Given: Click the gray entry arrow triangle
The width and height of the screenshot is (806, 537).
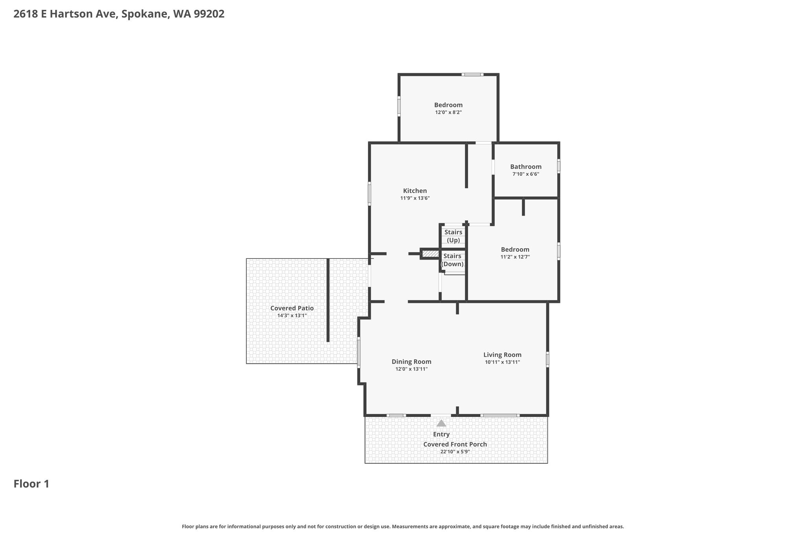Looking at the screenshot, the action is [441, 423].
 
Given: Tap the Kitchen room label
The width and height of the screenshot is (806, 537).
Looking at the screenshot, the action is [415, 191].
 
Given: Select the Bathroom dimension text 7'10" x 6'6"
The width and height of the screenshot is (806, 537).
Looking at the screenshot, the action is [525, 174].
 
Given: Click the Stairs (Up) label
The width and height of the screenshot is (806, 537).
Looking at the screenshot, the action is [453, 236].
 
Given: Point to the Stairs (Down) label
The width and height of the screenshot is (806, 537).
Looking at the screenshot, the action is [452, 260].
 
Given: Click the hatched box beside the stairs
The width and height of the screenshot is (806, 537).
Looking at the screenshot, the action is [431, 254].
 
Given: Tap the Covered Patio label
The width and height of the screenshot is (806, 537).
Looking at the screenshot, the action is [292, 308].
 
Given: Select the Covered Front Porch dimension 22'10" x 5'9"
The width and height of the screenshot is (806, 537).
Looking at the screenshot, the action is [455, 452].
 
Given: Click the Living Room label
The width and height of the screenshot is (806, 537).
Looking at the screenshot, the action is [502, 355].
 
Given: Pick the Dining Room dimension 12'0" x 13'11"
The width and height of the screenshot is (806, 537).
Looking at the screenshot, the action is [411, 369].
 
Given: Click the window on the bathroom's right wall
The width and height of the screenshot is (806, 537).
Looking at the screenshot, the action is [559, 166].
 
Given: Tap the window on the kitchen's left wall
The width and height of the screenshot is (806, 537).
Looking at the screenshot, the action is [369, 193].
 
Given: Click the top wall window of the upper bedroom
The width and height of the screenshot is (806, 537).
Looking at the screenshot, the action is [472, 74].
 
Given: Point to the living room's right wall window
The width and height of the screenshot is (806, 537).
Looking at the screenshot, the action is [547, 359].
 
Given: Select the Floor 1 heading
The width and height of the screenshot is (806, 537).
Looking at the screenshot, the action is [31, 484].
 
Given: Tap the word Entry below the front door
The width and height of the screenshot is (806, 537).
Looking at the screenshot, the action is [441, 434].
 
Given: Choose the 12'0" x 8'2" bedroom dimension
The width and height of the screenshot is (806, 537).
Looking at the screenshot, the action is [448, 112].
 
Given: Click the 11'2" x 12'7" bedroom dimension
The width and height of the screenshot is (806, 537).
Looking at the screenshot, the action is [515, 257].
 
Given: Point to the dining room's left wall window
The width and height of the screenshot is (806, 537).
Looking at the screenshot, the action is [359, 352].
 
